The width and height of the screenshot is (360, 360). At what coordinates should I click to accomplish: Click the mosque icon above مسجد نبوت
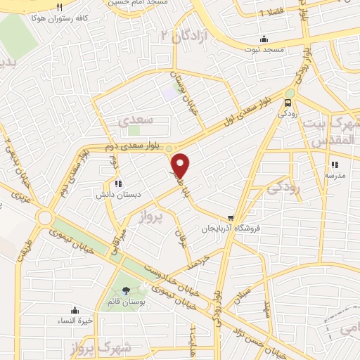[264, 39]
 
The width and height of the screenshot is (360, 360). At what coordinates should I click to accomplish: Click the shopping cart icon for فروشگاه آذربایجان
[230, 218]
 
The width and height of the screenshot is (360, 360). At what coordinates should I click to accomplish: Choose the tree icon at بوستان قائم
[126, 290]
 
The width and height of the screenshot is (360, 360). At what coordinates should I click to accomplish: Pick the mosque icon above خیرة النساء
[75, 310]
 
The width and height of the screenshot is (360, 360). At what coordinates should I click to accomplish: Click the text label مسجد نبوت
[264, 50]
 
